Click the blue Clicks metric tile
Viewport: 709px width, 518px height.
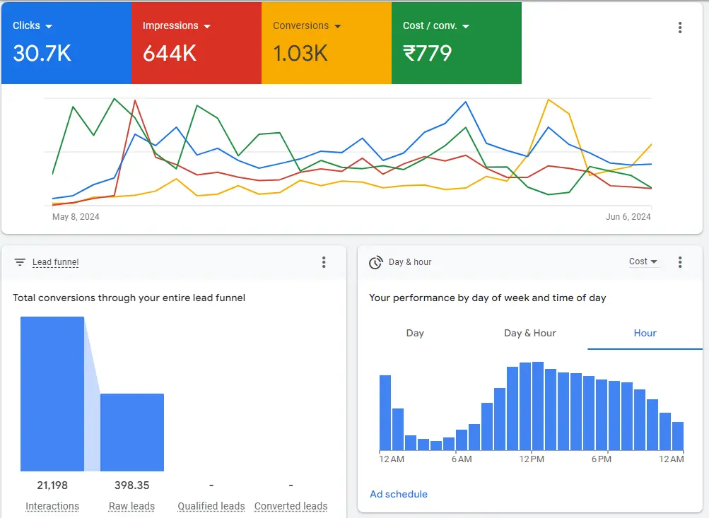pyautogui.click(x=66, y=43)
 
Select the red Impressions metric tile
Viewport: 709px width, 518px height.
pyautogui.click(x=196, y=43)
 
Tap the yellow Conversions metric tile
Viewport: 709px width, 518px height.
pyautogui.click(x=326, y=43)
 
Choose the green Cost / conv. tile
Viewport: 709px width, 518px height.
pyautogui.click(x=456, y=43)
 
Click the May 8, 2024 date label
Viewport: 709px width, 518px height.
pyautogui.click(x=76, y=217)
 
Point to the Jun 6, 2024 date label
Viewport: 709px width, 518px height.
pyautogui.click(x=628, y=217)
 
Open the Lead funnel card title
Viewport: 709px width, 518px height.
pyautogui.click(x=55, y=262)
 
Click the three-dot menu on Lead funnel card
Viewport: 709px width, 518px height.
pyautogui.click(x=324, y=262)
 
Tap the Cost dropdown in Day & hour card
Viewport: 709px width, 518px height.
pyautogui.click(x=643, y=261)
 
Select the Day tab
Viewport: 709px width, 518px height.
pyautogui.click(x=415, y=333)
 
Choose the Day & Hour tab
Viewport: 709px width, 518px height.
pyautogui.click(x=529, y=333)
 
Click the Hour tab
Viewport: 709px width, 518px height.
pyautogui.click(x=645, y=333)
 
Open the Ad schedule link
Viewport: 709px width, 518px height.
pyautogui.click(x=399, y=494)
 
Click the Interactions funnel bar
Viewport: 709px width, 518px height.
pyautogui.click(x=52, y=394)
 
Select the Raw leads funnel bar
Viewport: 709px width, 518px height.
pyautogui.click(x=132, y=432)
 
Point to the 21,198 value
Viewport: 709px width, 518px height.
pyautogui.click(x=52, y=485)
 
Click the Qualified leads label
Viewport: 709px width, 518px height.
pyautogui.click(x=211, y=506)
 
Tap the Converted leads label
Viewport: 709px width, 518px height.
pyautogui.click(x=291, y=506)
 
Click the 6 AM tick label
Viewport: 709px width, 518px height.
pyautogui.click(x=461, y=459)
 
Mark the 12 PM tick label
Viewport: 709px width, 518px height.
pyautogui.click(x=531, y=459)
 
